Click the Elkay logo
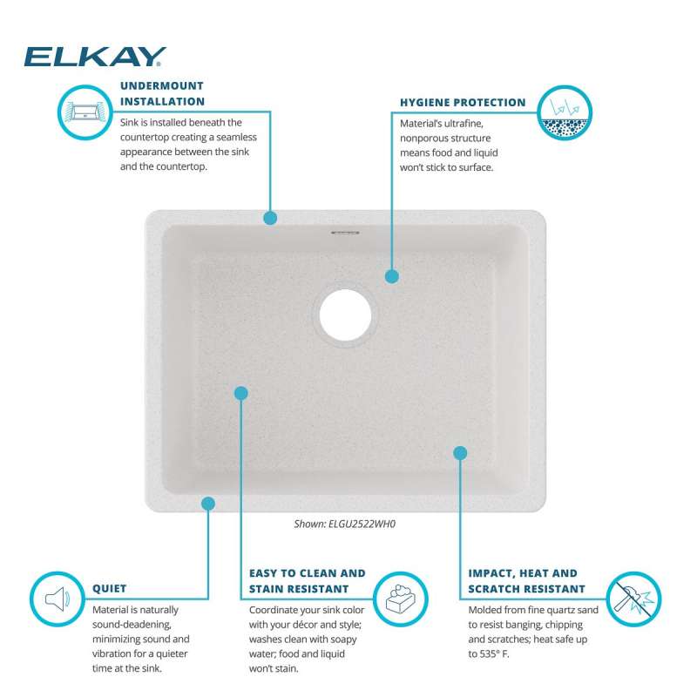pyautogui.click(x=95, y=57)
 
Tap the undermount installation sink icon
pyautogui.click(x=85, y=112)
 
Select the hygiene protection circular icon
pyautogui.click(x=565, y=113)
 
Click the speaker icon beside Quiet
pyautogui.click(x=58, y=599)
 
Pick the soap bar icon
pyautogui.click(x=401, y=599)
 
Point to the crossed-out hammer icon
pyautogui.click(x=634, y=599)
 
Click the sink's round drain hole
pyautogui.click(x=345, y=315)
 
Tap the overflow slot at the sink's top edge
pyautogui.click(x=345, y=232)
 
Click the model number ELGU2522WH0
pyautogui.click(x=362, y=524)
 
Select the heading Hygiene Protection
pyautogui.click(x=463, y=103)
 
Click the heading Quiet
pyautogui.click(x=110, y=589)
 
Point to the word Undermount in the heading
pyautogui.click(x=162, y=85)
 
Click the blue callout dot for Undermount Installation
pyautogui.click(x=270, y=218)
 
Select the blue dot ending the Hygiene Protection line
pyautogui.click(x=391, y=276)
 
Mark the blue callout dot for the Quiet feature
pyautogui.click(x=208, y=504)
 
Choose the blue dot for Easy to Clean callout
pyautogui.click(x=241, y=393)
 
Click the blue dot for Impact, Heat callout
pyautogui.click(x=460, y=453)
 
